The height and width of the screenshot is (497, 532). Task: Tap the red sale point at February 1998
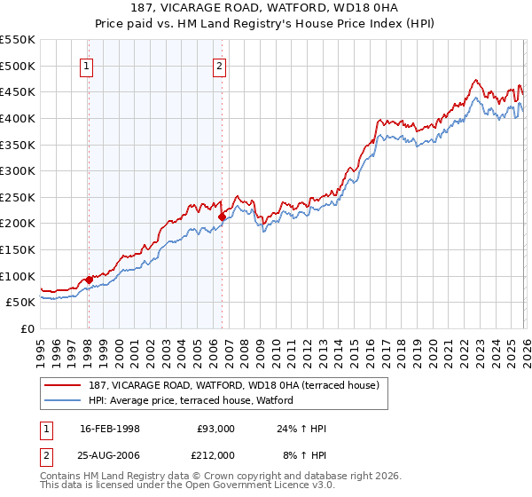(89, 280)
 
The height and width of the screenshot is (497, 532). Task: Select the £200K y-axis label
(18, 224)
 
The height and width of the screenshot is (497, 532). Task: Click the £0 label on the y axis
(27, 328)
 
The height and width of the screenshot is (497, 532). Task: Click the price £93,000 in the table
(215, 429)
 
